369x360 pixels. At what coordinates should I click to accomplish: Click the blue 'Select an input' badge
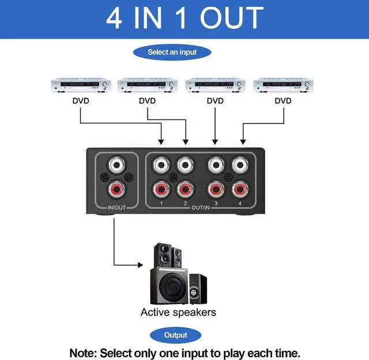coord(172,52)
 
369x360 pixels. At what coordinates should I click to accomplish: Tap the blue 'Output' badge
coord(176,335)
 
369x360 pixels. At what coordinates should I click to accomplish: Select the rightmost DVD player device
coord(283,86)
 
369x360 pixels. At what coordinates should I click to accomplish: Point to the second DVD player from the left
coord(148,86)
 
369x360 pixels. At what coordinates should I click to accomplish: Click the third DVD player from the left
coord(215,86)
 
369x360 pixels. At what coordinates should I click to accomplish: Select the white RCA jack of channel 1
coord(160,165)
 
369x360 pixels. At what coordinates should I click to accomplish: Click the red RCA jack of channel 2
coord(184,189)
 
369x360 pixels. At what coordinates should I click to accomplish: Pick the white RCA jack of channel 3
coord(216,165)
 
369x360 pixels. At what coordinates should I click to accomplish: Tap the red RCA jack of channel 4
coord(240,189)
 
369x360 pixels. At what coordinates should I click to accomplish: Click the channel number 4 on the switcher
coord(240,204)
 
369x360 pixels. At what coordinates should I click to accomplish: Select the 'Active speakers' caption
coord(178,312)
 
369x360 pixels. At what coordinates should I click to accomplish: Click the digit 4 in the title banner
coord(114,18)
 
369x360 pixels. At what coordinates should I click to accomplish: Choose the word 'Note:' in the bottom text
coord(84,352)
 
